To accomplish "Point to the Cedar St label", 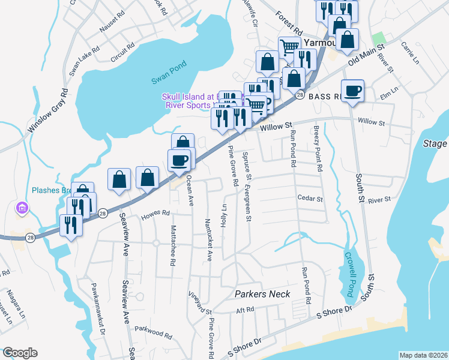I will click(x=310, y=199).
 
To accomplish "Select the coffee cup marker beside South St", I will click(x=353, y=91).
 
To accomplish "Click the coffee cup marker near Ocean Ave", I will click(x=179, y=160).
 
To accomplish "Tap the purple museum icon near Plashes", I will click(x=22, y=208).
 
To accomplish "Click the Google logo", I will click(x=20, y=352).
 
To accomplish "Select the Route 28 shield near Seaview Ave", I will click(x=103, y=213).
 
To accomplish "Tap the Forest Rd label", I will click(x=289, y=22).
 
